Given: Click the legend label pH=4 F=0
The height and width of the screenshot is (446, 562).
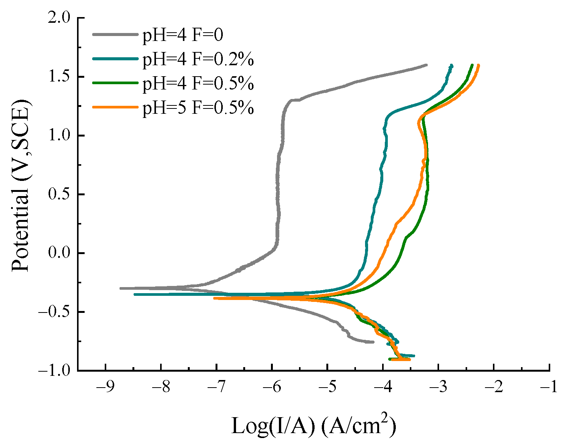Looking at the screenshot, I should pos(183,35).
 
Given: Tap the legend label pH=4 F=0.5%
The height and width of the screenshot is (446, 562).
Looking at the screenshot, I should pos(198,83).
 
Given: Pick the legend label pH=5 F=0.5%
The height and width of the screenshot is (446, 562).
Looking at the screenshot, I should pos(198,108).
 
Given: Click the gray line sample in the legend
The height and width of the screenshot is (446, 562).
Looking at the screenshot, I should pos(115,35).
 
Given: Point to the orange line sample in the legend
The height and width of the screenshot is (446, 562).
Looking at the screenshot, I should pos(115,107).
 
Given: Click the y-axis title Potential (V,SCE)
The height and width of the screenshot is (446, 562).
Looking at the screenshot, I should pos(20,186).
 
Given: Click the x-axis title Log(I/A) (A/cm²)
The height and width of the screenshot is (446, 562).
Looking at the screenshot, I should pos(313,426).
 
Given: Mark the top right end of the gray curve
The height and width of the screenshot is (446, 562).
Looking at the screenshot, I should pos(427,65).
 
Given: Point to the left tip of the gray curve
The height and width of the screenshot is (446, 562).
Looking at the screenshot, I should pos(121,288).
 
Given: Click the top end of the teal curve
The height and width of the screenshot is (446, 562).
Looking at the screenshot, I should pos(452,65).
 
